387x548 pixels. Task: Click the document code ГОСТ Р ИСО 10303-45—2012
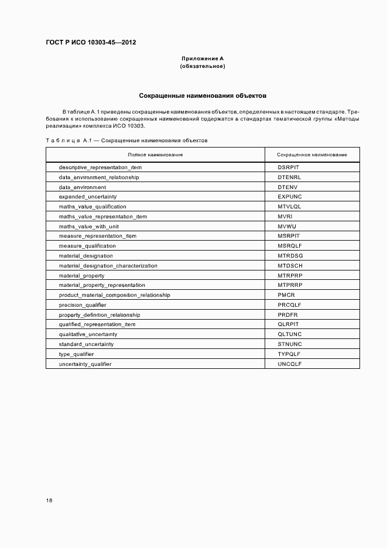pos(91,42)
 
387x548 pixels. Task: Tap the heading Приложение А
pos(203,59)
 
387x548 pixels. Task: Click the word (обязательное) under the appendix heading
pos(203,66)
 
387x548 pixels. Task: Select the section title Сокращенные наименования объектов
pos(203,95)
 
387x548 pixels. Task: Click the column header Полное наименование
pos(155,155)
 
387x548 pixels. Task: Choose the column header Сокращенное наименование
pos(311,155)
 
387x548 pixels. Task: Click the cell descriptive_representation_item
pos(100,167)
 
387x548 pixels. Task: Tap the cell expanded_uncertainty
pos(88,197)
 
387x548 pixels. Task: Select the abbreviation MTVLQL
pos(290,207)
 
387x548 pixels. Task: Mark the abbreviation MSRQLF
pos(290,246)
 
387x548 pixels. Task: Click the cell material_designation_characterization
pos(108,266)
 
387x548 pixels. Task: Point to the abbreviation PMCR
pos(286,295)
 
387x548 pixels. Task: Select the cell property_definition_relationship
pos(100,315)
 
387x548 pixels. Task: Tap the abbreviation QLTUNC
pos(290,334)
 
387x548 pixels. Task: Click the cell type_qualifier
pos(77,354)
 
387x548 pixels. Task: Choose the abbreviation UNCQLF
pos(290,364)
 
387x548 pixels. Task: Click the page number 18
pos(49,501)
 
